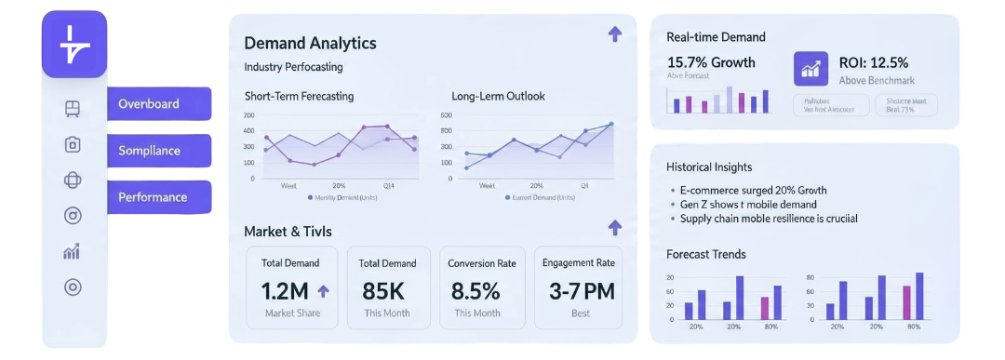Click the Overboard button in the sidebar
pyautogui.click(x=159, y=104)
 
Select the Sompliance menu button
pyautogui.click(x=159, y=151)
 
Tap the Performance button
pyautogui.click(x=159, y=197)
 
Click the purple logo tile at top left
pyautogui.click(x=74, y=44)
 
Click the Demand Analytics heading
pyautogui.click(x=310, y=43)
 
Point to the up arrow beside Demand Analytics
pyautogui.click(x=614, y=34)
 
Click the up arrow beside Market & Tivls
pyautogui.click(x=614, y=227)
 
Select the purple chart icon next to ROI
pyautogui.click(x=811, y=69)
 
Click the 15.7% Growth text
pyautogui.click(x=711, y=62)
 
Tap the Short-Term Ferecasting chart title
pyautogui.click(x=299, y=96)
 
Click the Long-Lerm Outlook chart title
pyautogui.click(x=498, y=96)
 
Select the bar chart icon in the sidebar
pyautogui.click(x=73, y=251)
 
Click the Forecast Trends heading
pyautogui.click(x=706, y=254)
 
